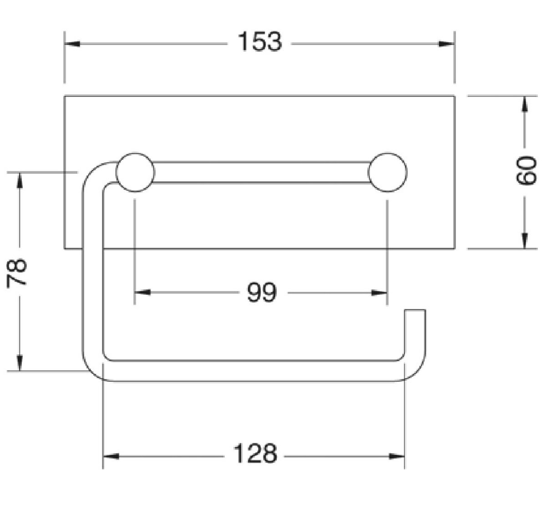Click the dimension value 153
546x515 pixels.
click(260, 42)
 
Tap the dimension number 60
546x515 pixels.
click(526, 171)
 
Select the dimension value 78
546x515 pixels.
click(17, 273)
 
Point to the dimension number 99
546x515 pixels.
click(262, 292)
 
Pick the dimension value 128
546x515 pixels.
click(255, 453)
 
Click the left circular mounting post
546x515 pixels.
click(135, 172)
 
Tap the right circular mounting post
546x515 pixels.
click(387, 172)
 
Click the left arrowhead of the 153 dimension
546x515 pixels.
click(72, 44)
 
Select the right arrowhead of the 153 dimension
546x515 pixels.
click(447, 44)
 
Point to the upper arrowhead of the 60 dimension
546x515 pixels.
click(525, 104)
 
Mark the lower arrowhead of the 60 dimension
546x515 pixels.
click(525, 241)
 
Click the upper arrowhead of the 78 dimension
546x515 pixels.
click(20, 180)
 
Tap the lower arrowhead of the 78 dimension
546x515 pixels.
click(20, 363)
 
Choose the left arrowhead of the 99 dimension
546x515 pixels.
click(142, 292)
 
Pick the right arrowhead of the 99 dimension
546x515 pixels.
click(379, 293)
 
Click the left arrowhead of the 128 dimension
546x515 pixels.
click(111, 456)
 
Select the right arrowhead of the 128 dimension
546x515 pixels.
click(397, 456)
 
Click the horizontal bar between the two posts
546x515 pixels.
click(261, 172)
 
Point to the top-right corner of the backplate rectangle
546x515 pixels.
click(455, 96)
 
